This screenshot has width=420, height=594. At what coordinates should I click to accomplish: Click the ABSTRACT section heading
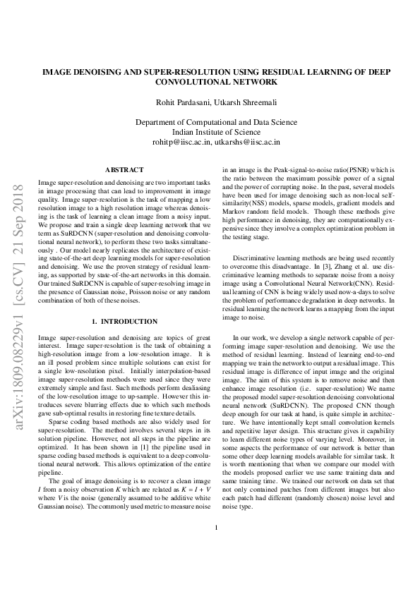[x=124, y=169]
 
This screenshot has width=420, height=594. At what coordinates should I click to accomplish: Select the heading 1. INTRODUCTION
[x=124, y=321]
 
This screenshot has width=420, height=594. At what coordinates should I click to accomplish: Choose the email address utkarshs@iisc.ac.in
[x=248, y=141]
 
